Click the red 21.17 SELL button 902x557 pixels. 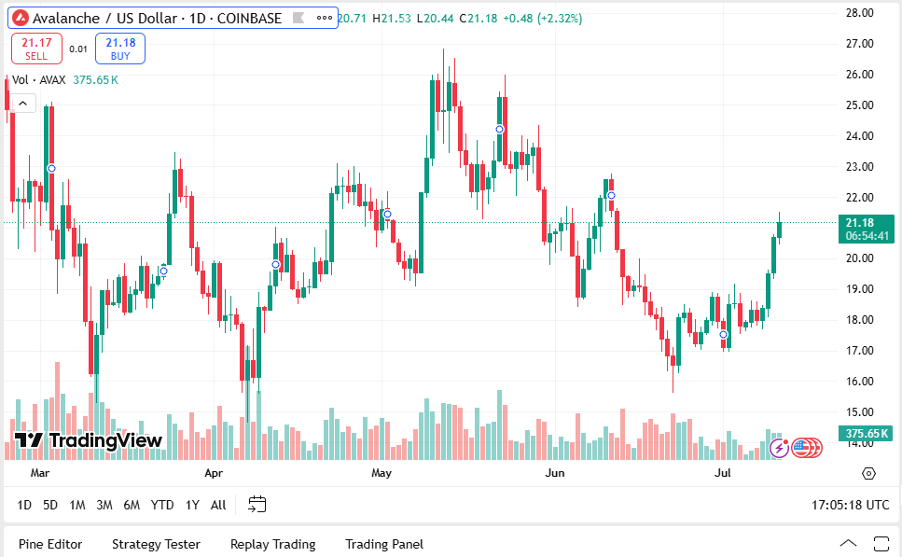37,49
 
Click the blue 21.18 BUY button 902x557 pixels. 119,49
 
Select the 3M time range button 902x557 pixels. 104,505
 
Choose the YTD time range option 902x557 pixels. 162,505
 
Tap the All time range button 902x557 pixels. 217,505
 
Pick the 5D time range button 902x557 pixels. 50,505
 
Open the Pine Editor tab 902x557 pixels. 50,544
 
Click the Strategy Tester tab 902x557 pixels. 156,544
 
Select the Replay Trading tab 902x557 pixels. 272,544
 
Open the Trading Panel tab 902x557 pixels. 383,544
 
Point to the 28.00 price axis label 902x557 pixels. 859,13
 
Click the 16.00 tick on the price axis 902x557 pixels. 859,382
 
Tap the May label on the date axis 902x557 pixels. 381,473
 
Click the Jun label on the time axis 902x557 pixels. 555,473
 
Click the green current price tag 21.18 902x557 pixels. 865,229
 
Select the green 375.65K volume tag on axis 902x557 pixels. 865,434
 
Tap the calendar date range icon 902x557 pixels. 257,505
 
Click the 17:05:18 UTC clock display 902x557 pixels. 850,505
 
